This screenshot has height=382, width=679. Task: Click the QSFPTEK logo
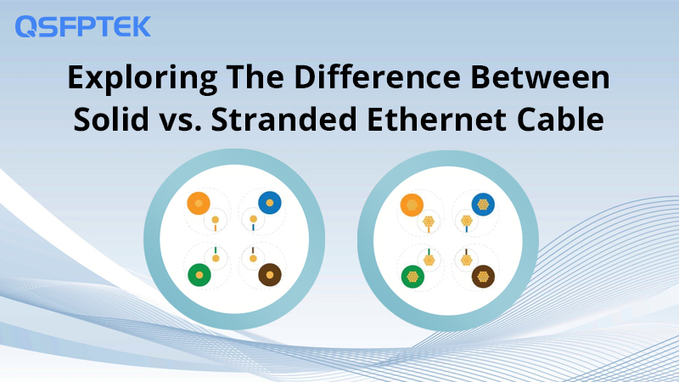pyautogui.click(x=82, y=26)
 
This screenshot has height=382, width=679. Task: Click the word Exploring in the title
pyautogui.click(x=143, y=79)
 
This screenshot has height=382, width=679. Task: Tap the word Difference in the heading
pyautogui.click(x=377, y=77)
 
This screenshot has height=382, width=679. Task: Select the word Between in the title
pyautogui.click(x=540, y=77)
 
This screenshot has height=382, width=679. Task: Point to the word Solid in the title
pyautogui.click(x=111, y=118)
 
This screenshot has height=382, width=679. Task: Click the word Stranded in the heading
pyautogui.click(x=283, y=118)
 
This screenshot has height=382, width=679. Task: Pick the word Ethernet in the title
pyautogui.click(x=436, y=118)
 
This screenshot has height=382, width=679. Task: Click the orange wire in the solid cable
pyautogui.click(x=199, y=203)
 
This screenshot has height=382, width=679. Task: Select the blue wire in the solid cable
pyautogui.click(x=270, y=203)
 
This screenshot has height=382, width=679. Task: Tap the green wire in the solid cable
pyautogui.click(x=199, y=275)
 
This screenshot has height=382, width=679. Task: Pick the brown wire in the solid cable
pyautogui.click(x=270, y=274)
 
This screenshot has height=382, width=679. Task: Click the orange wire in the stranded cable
pyautogui.click(x=412, y=205)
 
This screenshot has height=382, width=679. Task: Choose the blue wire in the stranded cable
pyautogui.click(x=483, y=205)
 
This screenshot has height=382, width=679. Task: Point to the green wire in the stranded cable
pyautogui.click(x=412, y=277)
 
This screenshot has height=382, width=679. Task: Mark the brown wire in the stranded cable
pyautogui.click(x=483, y=277)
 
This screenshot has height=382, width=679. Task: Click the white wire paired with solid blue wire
pyautogui.click(x=253, y=220)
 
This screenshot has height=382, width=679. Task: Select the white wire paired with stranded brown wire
pyautogui.click(x=466, y=260)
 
